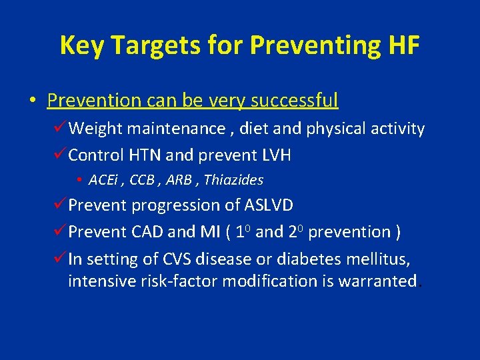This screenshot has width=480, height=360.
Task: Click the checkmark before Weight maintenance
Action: pos(60,128)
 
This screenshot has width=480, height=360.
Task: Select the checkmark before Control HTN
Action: pos(60,155)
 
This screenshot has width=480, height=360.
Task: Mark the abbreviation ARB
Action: pos(181,180)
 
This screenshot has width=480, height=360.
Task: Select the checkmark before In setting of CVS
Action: pos(60,258)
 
